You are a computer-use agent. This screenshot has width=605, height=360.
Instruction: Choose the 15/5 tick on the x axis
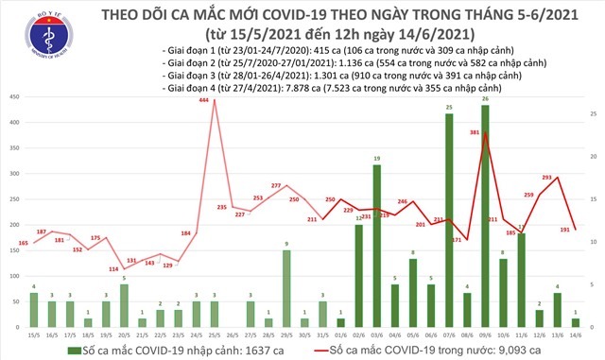coord(34,337)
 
